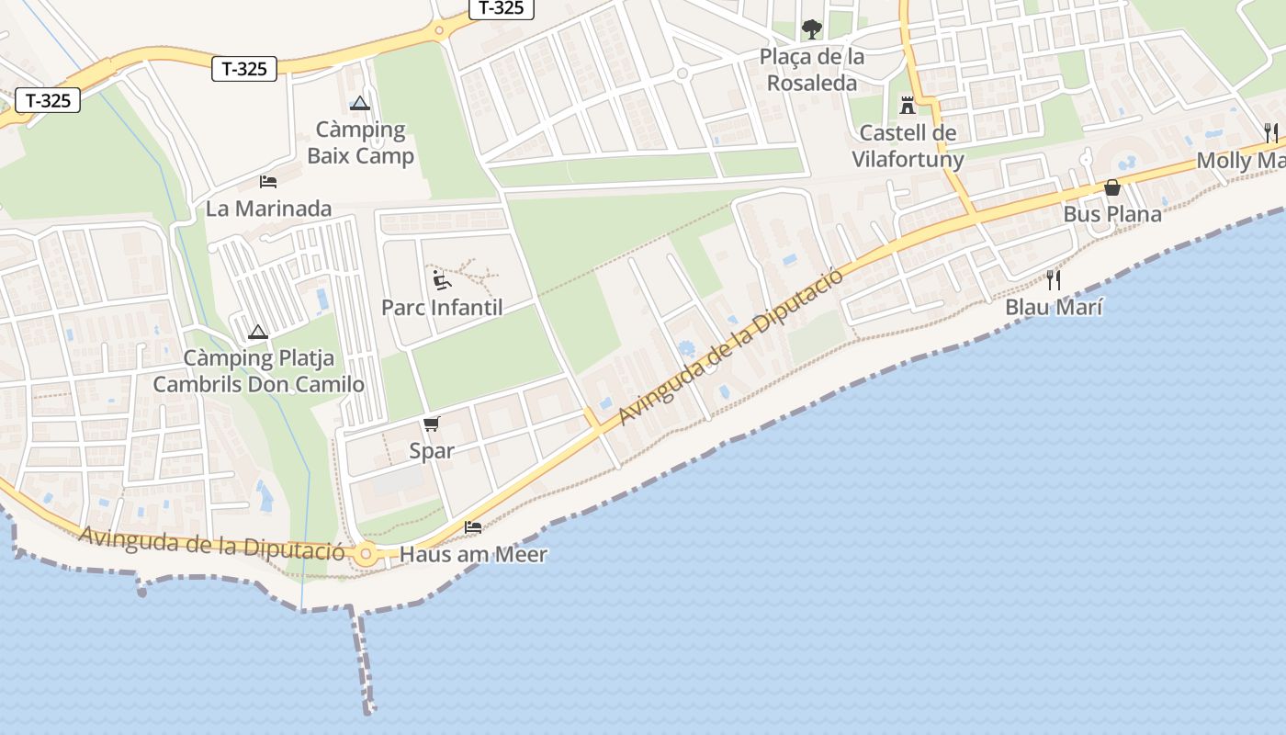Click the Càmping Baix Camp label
pos(360,142)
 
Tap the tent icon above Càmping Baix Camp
pos(359,103)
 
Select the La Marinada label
pos(268,209)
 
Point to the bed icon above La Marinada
pos(268,181)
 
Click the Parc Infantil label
pos(442,307)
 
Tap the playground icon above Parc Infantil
pos(442,278)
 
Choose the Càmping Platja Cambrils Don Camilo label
pos(258,371)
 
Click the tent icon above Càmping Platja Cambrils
pos(258,332)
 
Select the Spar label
pos(432,451)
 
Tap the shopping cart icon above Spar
pos(432,424)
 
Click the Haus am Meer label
pos(473,554)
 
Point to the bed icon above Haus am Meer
pos(473,527)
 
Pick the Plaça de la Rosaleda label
pos(812,70)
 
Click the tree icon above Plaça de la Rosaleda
pos(812,29)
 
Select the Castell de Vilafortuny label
pos(908,146)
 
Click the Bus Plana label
pos(1112,214)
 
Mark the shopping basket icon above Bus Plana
pos(1112,187)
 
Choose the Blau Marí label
pos(1054,307)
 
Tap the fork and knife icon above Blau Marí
pos(1054,279)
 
